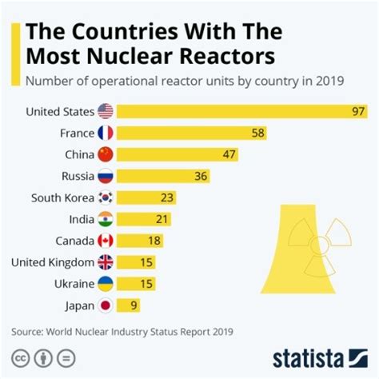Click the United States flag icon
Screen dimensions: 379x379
[106, 111]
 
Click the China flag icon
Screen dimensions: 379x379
[106, 154]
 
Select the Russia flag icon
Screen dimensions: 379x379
[106, 176]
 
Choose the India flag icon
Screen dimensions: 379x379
[106, 218]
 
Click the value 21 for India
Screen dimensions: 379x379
[162, 218]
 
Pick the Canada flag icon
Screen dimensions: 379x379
[106, 240]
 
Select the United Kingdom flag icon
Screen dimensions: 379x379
[106, 261]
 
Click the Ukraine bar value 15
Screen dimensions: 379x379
[146, 283]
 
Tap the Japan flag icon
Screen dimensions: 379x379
[106, 305]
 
